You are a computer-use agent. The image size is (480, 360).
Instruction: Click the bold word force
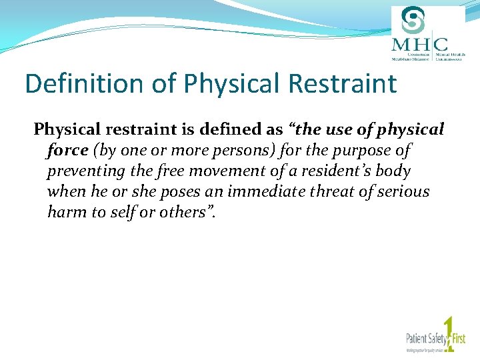[x=67, y=150]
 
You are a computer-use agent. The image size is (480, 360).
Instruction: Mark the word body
[x=393, y=171]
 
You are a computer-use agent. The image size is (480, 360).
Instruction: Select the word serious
[x=404, y=191]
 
